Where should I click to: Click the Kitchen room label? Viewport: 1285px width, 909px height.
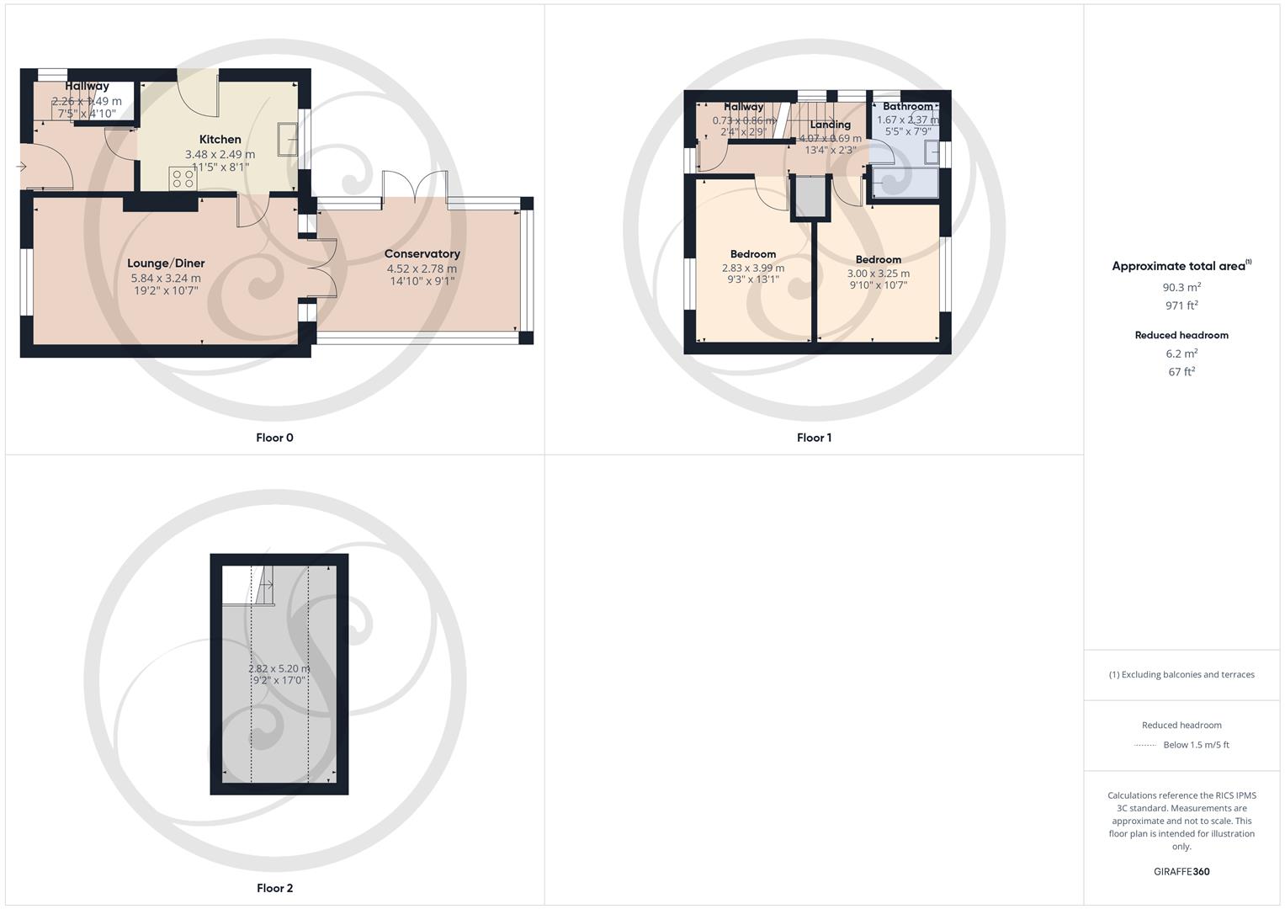pos(220,140)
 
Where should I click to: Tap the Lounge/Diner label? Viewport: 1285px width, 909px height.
pos(166,263)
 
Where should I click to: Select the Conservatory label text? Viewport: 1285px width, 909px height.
pos(422,253)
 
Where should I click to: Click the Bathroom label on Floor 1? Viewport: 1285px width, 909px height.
pos(907,106)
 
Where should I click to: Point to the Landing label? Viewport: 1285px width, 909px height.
pos(830,125)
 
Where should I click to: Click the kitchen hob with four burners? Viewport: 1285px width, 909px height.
pos(183,178)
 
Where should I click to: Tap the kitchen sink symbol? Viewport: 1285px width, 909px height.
pos(288,134)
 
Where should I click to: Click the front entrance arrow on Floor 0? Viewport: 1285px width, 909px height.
pos(21,167)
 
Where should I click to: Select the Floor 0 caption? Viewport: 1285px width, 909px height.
pos(274,438)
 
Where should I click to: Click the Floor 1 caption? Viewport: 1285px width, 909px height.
pos(814,438)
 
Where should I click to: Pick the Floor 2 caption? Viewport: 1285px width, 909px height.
pos(274,888)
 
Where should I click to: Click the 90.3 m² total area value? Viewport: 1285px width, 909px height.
pos(1181,287)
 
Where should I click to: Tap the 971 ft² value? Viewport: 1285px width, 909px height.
pos(1181,306)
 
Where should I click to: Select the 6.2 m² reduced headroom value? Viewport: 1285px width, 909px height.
pos(1181,353)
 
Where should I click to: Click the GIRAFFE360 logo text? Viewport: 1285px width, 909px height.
pos(1181,871)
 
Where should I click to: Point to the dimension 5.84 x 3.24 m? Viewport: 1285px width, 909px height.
pos(166,279)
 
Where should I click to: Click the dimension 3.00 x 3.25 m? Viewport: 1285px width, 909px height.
pos(878,274)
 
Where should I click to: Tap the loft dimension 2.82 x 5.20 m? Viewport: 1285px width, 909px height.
pos(279,669)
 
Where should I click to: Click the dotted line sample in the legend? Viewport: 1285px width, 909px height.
pos(1145,745)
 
